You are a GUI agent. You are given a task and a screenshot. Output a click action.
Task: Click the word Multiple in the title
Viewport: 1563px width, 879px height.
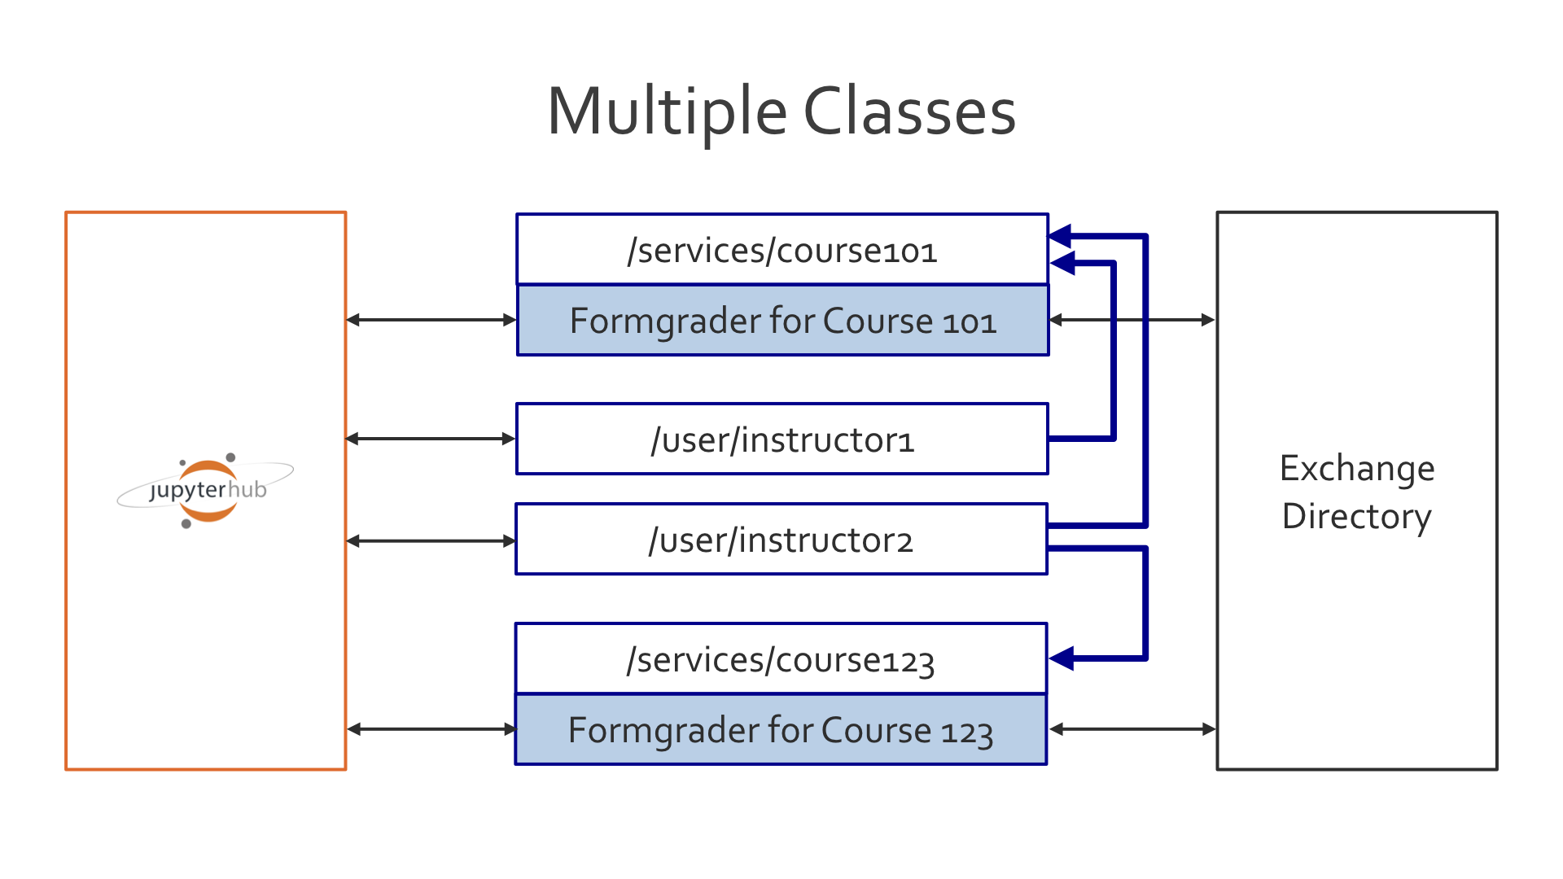pos(666,112)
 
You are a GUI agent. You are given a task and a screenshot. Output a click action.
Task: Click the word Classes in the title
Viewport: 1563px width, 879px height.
pos(909,112)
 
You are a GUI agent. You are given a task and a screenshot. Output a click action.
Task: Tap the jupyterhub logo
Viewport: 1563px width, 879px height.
pos(207,490)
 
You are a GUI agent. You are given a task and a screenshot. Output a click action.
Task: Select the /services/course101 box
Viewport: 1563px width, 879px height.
pos(781,250)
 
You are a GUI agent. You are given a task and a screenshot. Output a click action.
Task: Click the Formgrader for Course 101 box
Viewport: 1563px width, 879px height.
pos(781,321)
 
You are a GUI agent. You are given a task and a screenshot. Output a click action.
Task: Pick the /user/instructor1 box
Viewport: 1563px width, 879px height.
pos(781,439)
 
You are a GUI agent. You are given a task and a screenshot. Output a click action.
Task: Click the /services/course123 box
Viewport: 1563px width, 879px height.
pos(780,659)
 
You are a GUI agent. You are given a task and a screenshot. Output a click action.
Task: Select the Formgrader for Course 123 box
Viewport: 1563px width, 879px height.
pos(780,730)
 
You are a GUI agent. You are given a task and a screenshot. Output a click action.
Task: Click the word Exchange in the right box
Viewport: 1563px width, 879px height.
pos(1356,469)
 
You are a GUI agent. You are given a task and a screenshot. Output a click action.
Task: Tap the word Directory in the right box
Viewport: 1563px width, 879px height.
pos(1356,517)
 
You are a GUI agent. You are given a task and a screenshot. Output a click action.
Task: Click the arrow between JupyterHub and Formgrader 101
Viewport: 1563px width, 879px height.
pos(431,320)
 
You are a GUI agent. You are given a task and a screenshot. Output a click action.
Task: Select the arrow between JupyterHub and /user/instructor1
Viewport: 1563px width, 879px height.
pos(431,439)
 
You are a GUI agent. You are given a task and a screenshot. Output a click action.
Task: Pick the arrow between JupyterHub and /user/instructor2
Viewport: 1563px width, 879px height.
pos(431,540)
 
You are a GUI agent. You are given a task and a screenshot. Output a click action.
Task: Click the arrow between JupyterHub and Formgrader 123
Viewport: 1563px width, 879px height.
pos(431,729)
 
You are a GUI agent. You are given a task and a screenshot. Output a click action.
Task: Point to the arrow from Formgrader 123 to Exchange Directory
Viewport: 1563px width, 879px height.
pos(1132,729)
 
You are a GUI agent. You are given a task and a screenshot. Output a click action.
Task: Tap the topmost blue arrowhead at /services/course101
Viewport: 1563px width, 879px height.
pos(1060,237)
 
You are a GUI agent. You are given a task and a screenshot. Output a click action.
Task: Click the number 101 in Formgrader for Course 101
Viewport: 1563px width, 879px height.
pos(969,322)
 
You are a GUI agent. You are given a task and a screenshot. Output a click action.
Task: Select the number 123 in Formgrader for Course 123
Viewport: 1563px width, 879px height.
pos(967,732)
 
